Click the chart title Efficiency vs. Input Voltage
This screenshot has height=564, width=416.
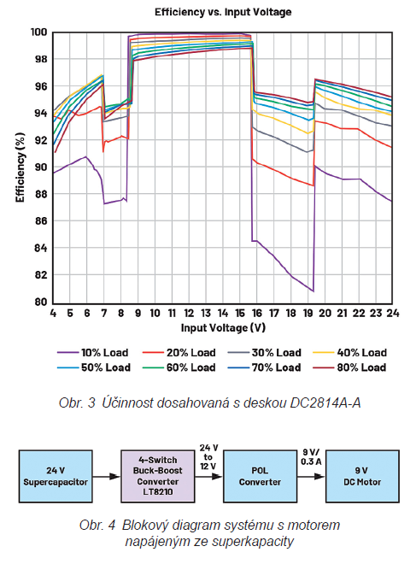223,12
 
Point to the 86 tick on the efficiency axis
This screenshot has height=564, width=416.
41,220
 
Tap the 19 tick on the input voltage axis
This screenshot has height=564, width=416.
308,314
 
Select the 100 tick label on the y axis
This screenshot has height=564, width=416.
38,32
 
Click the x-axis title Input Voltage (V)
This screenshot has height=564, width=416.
223,327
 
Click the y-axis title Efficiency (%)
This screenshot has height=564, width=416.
21,167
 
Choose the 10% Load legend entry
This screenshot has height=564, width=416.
92,352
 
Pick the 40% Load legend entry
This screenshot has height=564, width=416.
349,352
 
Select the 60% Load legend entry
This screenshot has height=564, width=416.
179,367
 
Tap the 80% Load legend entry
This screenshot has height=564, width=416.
349,367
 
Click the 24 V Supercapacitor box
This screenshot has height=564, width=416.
56,476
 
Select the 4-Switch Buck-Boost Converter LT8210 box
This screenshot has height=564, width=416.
158,476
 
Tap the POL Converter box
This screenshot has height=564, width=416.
260,476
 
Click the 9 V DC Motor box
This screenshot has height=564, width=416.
362,476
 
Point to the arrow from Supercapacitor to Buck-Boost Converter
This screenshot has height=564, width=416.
107,477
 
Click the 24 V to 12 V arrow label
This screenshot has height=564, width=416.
209,457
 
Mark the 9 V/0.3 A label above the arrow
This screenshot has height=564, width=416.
311,457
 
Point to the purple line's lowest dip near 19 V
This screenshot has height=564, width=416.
313,291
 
